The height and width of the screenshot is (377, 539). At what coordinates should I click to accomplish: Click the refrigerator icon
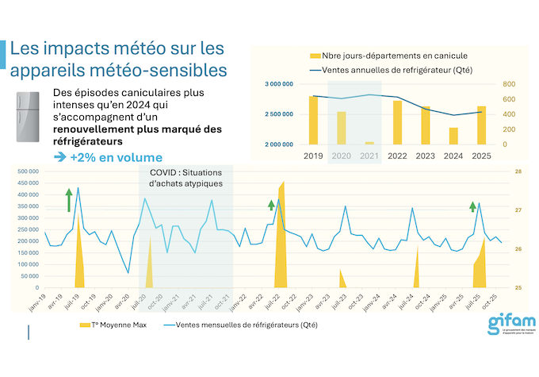pyautogui.click(x=28, y=117)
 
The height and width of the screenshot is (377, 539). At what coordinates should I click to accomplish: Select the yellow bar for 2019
pyautogui.click(x=314, y=120)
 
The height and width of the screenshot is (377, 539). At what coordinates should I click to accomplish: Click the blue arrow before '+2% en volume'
pyautogui.click(x=60, y=157)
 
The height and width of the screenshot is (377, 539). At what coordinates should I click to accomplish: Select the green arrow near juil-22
pyautogui.click(x=271, y=206)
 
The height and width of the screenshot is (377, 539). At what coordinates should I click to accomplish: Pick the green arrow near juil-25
pyautogui.click(x=472, y=208)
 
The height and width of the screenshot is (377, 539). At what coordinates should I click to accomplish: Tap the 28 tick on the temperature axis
pyautogui.click(x=518, y=171)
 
